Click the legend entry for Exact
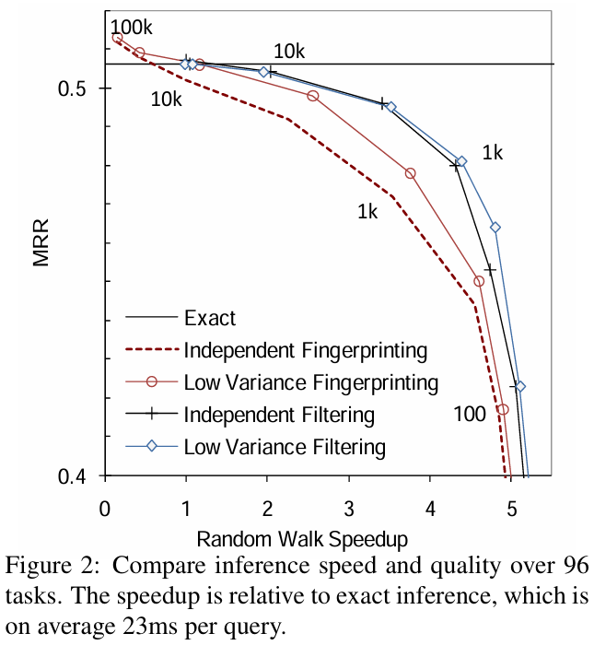point(210,319)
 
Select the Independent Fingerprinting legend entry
point(305,351)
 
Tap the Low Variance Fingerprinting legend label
point(311,382)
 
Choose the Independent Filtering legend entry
point(279,415)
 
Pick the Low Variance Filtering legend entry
point(285,447)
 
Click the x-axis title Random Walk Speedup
point(302,535)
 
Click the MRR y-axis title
point(41,242)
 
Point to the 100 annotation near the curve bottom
point(470,416)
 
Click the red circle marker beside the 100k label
point(117,38)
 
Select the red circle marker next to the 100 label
point(503,409)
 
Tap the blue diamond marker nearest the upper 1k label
point(461,161)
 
